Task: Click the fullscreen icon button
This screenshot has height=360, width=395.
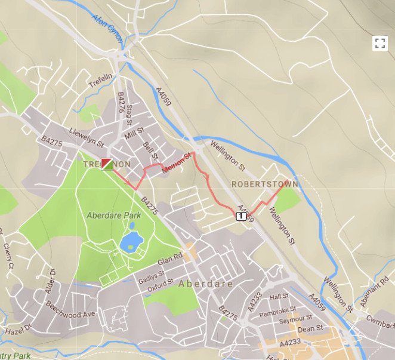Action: (x=379, y=42)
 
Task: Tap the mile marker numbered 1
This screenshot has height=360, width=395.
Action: (x=240, y=216)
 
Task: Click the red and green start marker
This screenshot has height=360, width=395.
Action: (x=107, y=164)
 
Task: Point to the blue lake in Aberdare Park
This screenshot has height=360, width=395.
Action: (x=131, y=241)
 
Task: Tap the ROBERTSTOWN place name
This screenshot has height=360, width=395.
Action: (x=264, y=184)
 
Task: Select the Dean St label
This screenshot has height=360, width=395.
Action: (x=310, y=328)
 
